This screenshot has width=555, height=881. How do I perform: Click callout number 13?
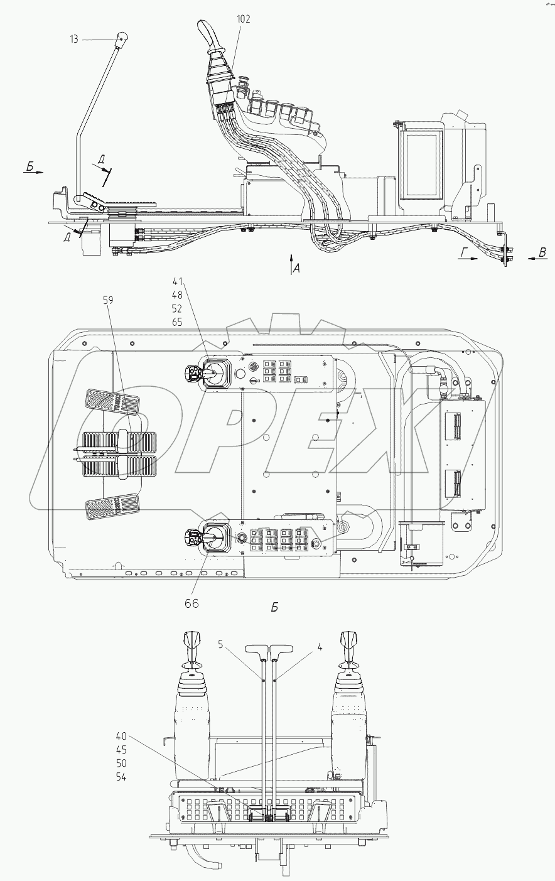[74, 39]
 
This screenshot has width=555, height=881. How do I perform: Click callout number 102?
[244, 19]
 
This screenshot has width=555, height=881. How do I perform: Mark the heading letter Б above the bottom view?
[274, 608]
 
